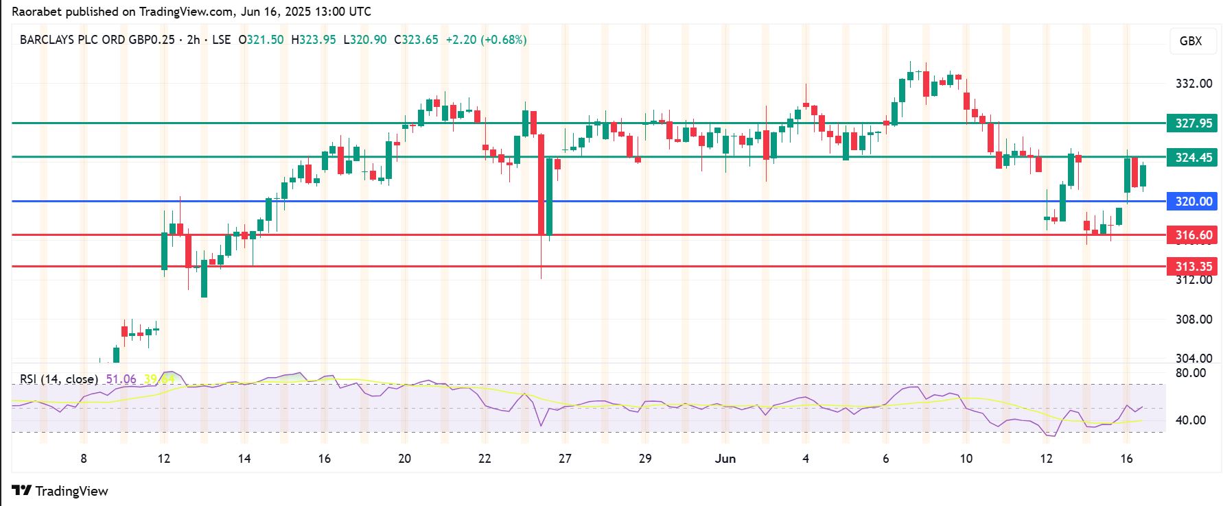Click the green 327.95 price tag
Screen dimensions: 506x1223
[1193, 124]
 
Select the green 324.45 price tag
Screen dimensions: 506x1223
[1193, 158]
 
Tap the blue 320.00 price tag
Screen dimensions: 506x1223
[1193, 202]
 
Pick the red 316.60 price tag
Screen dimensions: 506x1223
[1193, 235]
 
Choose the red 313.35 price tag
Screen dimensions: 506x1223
[1193, 267]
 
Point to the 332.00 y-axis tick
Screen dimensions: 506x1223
[1193, 84]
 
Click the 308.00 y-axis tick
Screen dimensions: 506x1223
[1193, 320]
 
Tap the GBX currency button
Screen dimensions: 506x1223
[1190, 41]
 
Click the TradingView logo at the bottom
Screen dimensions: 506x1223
[60, 491]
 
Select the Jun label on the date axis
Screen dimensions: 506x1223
[725, 459]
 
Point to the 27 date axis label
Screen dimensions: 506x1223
[565, 459]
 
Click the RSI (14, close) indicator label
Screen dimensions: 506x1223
[58, 379]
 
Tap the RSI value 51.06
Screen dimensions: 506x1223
[121, 379]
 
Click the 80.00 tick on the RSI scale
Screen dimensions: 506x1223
[1191, 374]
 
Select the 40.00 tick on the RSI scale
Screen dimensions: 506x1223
[1191, 420]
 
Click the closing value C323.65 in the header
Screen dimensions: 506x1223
[416, 40]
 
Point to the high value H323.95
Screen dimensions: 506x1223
[314, 40]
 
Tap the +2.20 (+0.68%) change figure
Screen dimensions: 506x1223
[486, 40]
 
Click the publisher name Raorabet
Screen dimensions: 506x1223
[35, 12]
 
